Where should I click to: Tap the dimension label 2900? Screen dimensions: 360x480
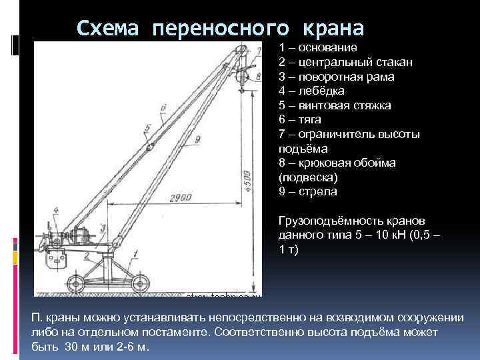178,198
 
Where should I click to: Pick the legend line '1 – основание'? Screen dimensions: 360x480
318,48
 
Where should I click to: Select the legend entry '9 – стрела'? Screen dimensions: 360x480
308,192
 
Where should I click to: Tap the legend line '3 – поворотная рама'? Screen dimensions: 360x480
337,77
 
